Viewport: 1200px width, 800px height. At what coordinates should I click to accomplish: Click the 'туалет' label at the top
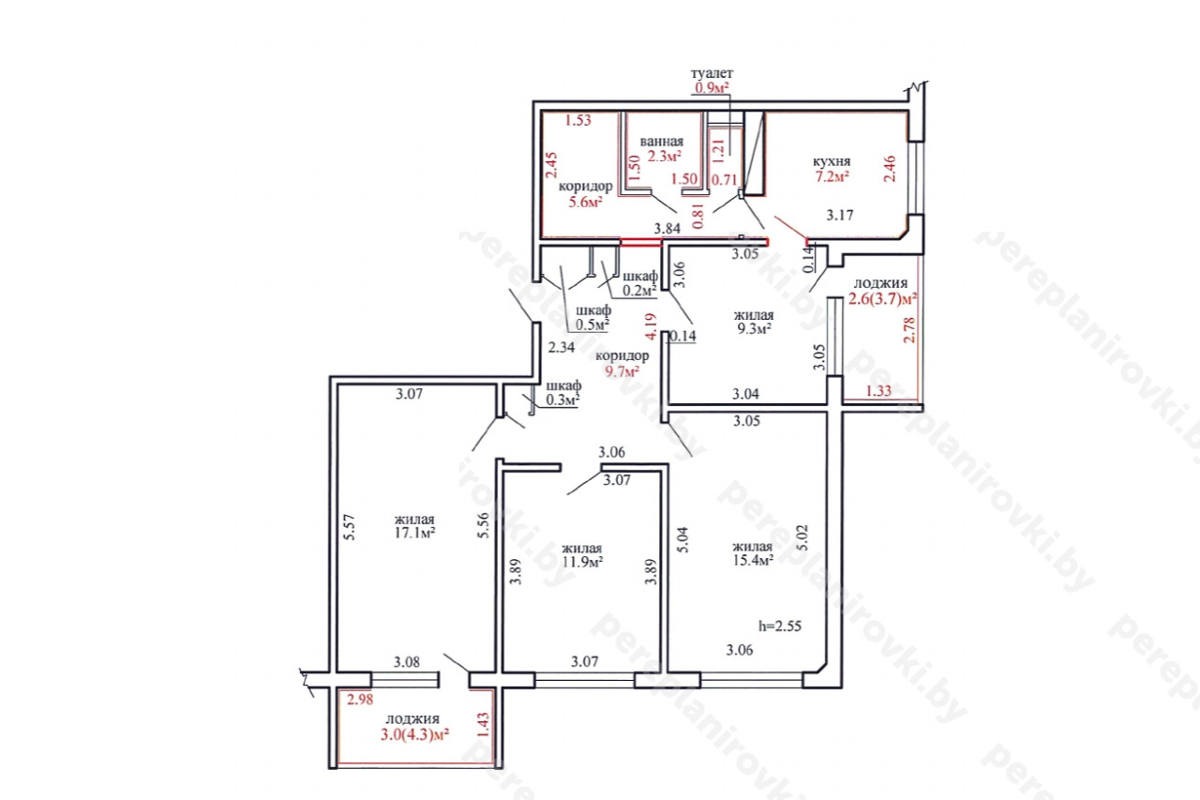tap(712, 73)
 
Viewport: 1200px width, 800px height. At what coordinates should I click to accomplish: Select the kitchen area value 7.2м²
tap(832, 176)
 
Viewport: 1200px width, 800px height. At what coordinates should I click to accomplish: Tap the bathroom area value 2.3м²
tap(665, 156)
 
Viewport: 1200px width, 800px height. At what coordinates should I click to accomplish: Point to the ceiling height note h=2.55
tap(780, 626)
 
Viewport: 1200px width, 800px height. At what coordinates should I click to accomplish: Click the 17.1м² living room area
tap(414, 533)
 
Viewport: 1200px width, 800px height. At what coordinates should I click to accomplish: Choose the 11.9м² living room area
tap(583, 562)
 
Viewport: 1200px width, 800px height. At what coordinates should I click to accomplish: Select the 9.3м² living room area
tap(755, 328)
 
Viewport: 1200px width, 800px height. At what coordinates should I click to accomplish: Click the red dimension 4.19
tap(651, 325)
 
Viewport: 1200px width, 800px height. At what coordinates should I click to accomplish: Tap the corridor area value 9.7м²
tap(622, 370)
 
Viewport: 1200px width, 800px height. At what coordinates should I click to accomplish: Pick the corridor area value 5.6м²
tap(586, 202)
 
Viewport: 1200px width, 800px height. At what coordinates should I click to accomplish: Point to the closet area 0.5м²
tap(592, 325)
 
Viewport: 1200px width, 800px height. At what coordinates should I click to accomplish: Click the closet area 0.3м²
tap(562, 400)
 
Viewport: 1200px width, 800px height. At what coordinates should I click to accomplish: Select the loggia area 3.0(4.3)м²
tap(414, 734)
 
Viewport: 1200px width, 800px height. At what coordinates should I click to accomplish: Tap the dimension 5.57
tap(350, 527)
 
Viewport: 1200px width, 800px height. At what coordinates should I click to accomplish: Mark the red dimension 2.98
tap(360, 700)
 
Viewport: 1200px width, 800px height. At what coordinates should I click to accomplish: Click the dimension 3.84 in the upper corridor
tap(667, 228)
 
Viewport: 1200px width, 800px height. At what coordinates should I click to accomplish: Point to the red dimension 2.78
tap(909, 330)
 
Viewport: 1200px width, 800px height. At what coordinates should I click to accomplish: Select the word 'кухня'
tap(832, 161)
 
